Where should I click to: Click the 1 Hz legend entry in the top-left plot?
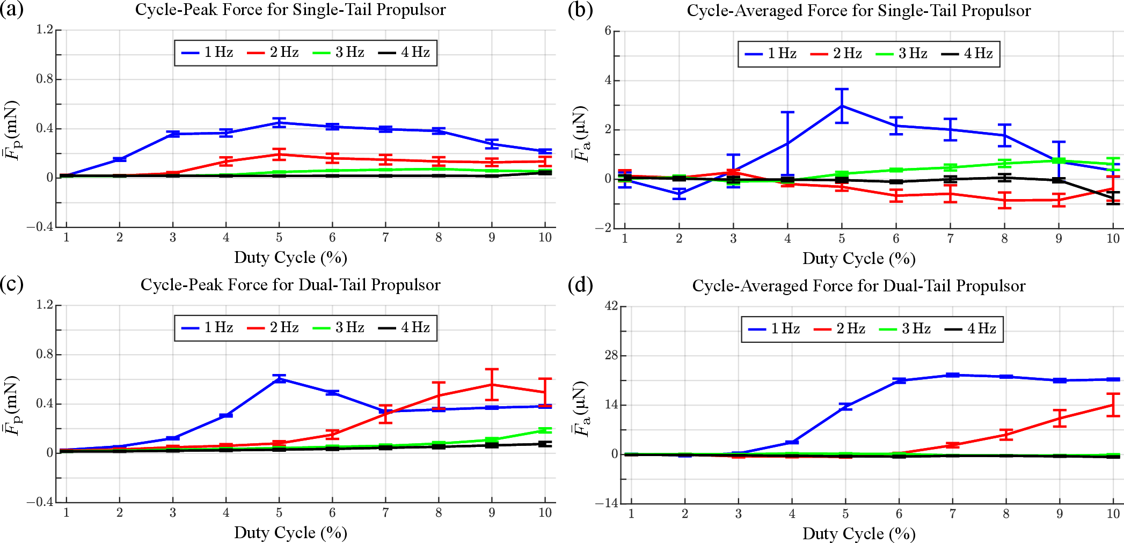[x=207, y=53]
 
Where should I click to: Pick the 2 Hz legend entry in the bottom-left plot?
[x=273, y=328]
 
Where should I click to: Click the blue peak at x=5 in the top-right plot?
[x=842, y=106]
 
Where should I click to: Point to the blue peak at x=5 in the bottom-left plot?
[x=279, y=379]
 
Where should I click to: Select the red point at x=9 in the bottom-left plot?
[x=492, y=385]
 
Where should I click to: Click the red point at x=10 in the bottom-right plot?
[x=1113, y=405]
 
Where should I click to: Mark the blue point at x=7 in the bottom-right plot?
[x=952, y=375]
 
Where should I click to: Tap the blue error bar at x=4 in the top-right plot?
[x=787, y=143]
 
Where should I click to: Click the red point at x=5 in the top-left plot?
[x=279, y=155]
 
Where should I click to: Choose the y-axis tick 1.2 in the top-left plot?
[x=45, y=30]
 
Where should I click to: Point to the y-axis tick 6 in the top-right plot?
[x=608, y=31]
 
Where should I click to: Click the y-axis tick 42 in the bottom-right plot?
[x=611, y=306]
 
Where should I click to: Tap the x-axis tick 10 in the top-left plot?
[x=545, y=238]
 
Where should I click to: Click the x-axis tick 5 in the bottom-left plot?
[x=279, y=513]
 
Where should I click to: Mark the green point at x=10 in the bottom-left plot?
[x=545, y=430]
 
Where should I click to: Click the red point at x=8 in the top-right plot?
[x=1004, y=200]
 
